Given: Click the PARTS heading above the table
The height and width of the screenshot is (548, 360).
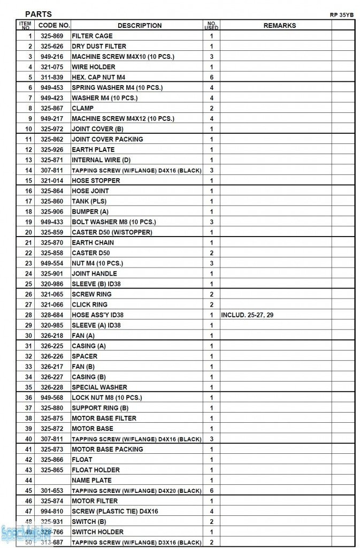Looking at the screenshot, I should pyautogui.click(x=39, y=14).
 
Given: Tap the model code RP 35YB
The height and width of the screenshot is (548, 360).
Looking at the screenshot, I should pyautogui.click(x=341, y=15).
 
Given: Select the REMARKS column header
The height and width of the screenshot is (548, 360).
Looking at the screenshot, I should pyautogui.click(x=279, y=25).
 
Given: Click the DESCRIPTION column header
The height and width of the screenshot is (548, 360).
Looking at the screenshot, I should pyautogui.click(x=139, y=25).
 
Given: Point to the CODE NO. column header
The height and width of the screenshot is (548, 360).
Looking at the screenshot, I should pyautogui.click(x=54, y=25).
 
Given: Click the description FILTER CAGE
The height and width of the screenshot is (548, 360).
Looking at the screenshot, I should pyautogui.click(x=92, y=36).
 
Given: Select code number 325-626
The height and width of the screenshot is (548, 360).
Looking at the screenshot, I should pyautogui.click(x=52, y=47).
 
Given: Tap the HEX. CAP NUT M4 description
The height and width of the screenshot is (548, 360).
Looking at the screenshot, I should pyautogui.click(x=98, y=78).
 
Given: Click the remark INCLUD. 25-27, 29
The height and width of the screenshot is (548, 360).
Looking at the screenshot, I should pyautogui.click(x=247, y=315).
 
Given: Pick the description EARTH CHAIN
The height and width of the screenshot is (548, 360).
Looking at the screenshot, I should pyautogui.click(x=93, y=242).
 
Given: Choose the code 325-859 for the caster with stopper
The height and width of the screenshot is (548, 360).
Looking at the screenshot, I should pyautogui.click(x=52, y=232).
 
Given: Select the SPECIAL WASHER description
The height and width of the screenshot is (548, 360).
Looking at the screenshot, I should pyautogui.click(x=99, y=387).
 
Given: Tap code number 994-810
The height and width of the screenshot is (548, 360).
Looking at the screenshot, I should pyautogui.click(x=52, y=512).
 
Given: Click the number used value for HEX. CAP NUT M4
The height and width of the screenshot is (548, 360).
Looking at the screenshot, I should pyautogui.click(x=212, y=78).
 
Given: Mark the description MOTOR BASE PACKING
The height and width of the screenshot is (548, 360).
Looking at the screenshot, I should pyautogui.click(x=107, y=450).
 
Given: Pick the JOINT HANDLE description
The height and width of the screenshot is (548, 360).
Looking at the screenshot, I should pyautogui.click(x=94, y=273).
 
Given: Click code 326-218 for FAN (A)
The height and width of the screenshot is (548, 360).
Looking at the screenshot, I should pyautogui.click(x=52, y=336).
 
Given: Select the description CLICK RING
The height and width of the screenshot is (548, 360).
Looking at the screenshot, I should pyautogui.click(x=89, y=305).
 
